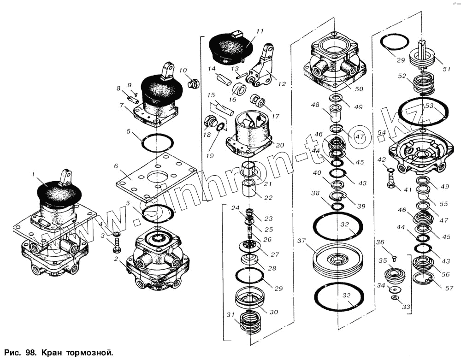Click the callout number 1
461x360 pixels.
point(33,174)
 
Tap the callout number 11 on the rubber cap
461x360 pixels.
point(260,31)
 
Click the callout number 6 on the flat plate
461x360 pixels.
point(116,166)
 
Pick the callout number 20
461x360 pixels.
point(280,145)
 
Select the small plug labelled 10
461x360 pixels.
point(194,84)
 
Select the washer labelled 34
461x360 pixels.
point(395,289)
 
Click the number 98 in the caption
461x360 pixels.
point(31,353)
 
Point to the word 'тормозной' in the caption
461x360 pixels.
point(89,353)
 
